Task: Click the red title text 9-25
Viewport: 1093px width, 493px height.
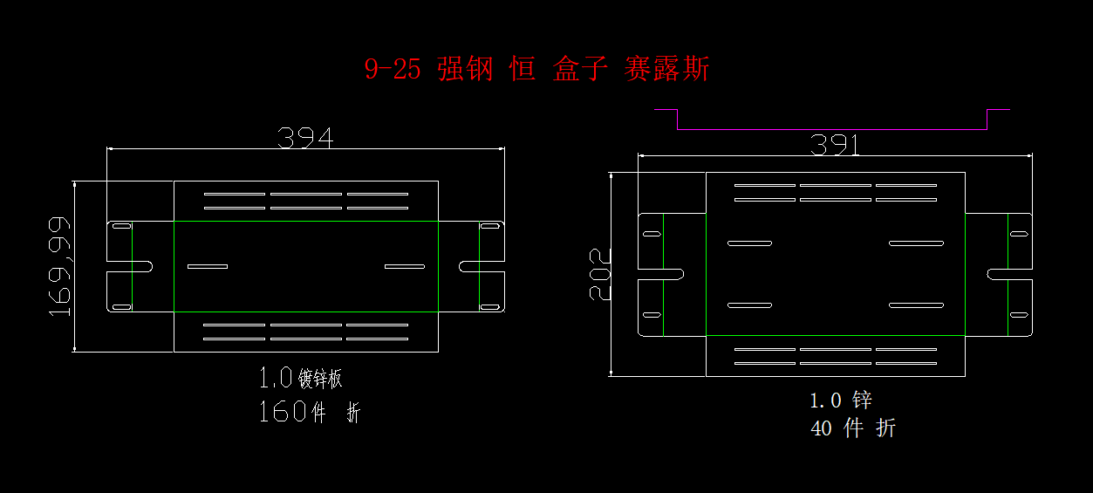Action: coord(392,69)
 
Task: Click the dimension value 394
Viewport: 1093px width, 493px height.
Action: coord(305,137)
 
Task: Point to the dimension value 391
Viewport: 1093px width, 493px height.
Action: coord(835,145)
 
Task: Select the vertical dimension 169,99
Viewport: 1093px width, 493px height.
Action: coord(59,266)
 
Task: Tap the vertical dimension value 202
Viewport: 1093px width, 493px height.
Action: coord(600,273)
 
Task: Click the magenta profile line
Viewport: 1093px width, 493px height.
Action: coord(831,129)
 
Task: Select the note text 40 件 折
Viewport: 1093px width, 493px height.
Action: coord(852,428)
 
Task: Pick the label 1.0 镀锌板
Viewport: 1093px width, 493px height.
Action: coord(300,379)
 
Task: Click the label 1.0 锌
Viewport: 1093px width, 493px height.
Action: coord(840,401)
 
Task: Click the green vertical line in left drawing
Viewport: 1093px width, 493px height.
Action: coord(438,266)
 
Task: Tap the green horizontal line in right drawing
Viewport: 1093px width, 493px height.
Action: coord(835,335)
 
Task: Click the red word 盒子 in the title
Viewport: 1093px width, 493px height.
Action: coord(579,69)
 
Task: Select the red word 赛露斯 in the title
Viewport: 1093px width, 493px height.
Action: coord(666,69)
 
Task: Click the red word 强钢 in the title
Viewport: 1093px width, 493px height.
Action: coord(465,69)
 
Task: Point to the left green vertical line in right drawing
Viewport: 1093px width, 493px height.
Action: coord(664,274)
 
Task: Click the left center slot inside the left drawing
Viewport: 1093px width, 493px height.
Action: coord(207,266)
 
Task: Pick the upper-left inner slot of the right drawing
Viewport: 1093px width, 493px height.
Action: coord(749,243)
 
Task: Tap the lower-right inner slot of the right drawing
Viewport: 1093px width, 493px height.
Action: coord(916,305)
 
